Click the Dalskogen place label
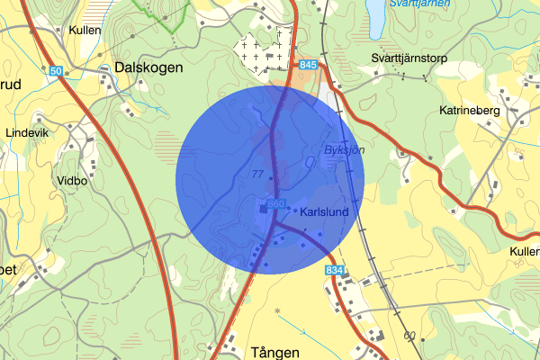click(148, 67)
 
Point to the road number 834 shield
click(335, 270)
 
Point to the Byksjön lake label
click(344, 150)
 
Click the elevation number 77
click(258, 174)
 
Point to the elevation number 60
click(410, 336)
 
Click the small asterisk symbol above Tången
click(278, 311)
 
